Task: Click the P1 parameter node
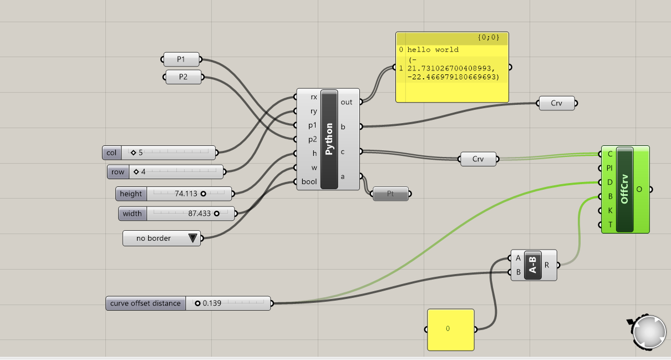click(181, 59)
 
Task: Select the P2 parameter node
click(183, 77)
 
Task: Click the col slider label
click(111, 153)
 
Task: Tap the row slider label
click(118, 172)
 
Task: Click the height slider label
click(131, 194)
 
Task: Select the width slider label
click(133, 214)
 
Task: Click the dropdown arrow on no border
click(192, 239)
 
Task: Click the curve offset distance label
click(145, 303)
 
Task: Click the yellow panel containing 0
click(451, 329)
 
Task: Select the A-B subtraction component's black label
click(533, 265)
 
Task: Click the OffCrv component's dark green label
click(624, 189)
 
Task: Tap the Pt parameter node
click(390, 194)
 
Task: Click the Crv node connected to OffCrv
click(478, 159)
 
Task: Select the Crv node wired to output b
click(556, 103)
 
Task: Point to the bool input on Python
click(309, 182)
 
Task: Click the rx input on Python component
click(313, 97)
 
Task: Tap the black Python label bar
click(329, 139)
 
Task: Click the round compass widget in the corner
click(649, 332)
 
